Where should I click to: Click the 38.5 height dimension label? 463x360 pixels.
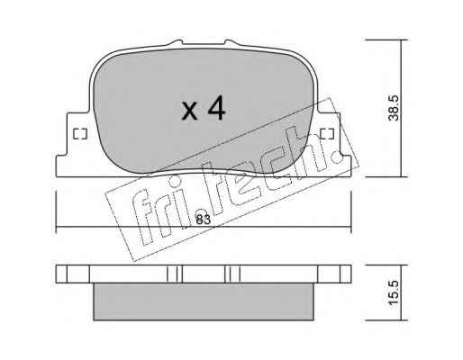click(394, 108)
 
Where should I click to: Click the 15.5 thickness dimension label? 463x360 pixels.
click(394, 292)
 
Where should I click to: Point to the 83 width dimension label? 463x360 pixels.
click(203, 220)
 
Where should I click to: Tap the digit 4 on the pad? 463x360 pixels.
click(216, 108)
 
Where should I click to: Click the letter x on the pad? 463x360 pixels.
click(190, 111)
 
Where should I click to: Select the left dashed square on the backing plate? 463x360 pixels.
click(80, 134)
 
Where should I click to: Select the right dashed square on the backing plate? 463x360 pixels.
click(327, 134)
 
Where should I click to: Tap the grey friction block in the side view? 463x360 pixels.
click(204, 301)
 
